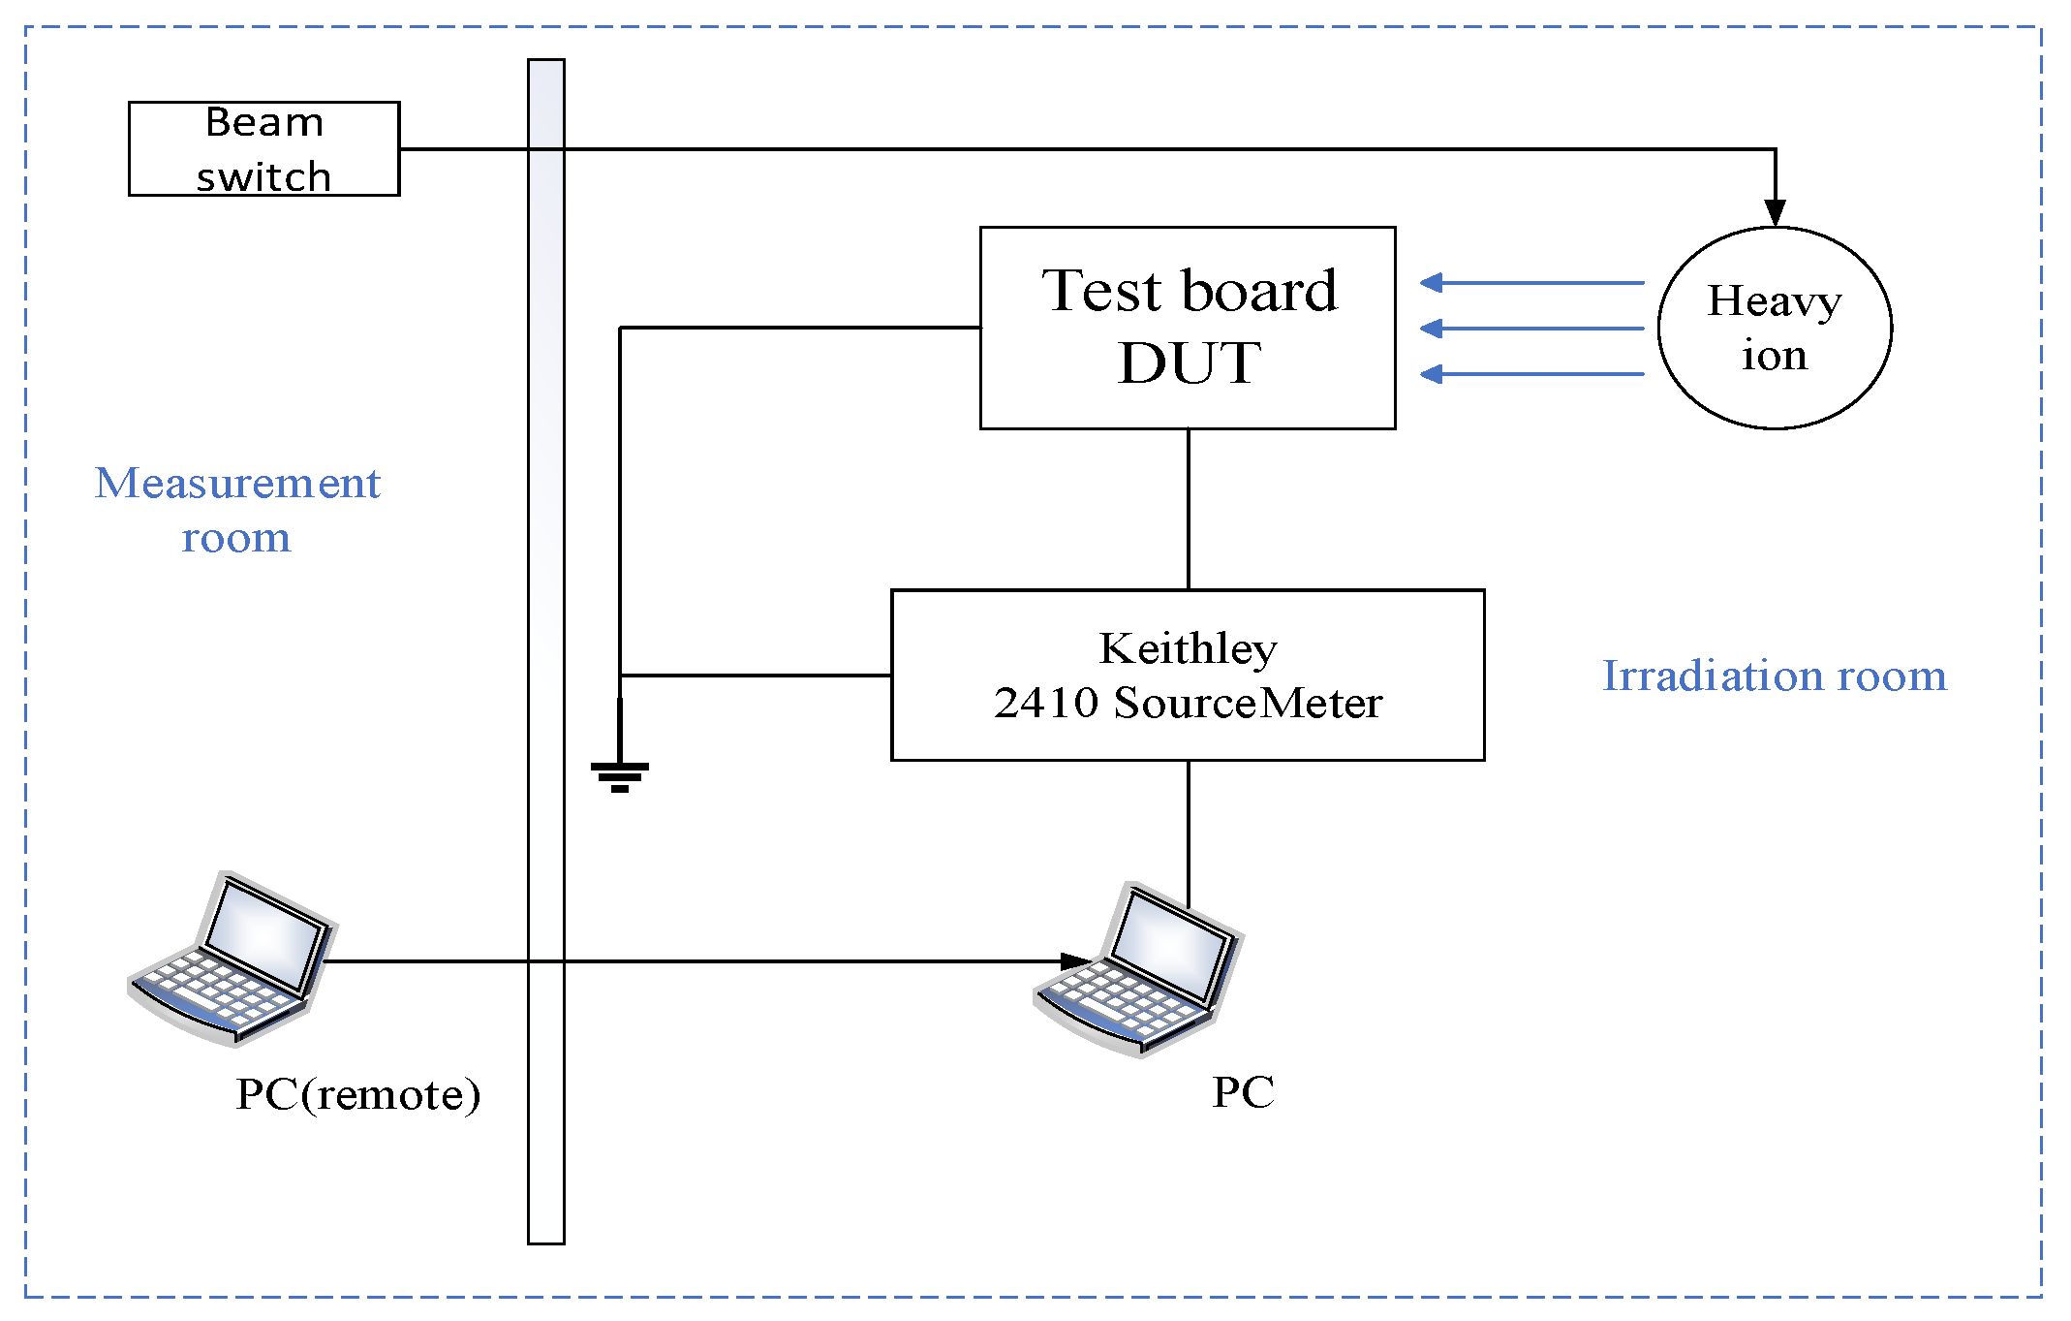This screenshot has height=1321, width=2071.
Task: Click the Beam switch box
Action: click(x=263, y=148)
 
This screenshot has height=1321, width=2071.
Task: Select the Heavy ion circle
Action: click(x=1774, y=328)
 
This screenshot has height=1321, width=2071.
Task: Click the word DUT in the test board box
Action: click(x=1189, y=363)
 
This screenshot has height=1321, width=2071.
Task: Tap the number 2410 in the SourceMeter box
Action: click(x=1045, y=703)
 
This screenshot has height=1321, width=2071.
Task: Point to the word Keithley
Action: click(x=1188, y=648)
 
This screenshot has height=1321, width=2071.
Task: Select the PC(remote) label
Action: click(x=357, y=1094)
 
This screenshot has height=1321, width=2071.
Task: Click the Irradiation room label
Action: click(x=1774, y=676)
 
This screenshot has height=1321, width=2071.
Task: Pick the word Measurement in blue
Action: click(x=237, y=483)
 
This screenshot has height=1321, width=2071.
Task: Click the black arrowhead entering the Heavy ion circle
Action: click(x=1775, y=212)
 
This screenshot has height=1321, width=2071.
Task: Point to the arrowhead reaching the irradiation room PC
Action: click(x=1075, y=961)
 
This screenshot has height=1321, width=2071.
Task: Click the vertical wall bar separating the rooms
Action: click(x=545, y=649)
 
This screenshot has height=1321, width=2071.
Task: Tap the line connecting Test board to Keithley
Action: click(x=1189, y=509)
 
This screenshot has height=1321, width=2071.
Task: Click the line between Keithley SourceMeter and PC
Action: click(x=1189, y=833)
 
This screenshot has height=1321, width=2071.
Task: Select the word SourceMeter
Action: click(x=1248, y=703)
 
